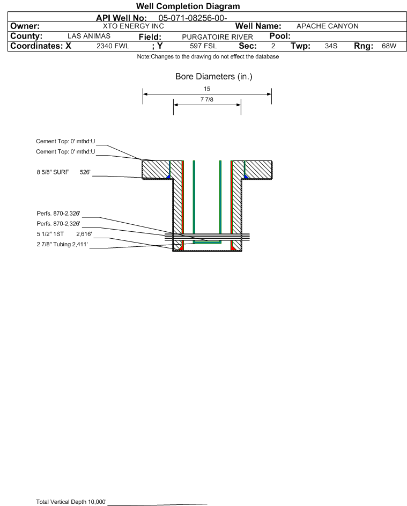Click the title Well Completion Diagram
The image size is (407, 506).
pos(188,6)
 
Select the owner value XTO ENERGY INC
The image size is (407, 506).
pos(133,26)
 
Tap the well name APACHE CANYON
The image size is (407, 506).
pos(327,26)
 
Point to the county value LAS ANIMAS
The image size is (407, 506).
pos(89,36)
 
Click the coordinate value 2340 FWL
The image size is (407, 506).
pos(113,46)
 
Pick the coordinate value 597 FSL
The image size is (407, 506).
pos(203,46)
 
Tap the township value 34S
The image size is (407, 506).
pos(331,46)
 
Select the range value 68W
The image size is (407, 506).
pos(388,46)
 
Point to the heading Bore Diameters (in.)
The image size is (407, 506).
pos(213,77)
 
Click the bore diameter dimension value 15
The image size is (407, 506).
pos(207,89)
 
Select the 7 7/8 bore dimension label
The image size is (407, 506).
pos(207,100)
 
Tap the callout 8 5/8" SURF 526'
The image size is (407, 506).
pos(62,173)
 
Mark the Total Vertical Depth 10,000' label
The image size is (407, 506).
pos(71,502)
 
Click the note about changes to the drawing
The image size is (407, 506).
pos(208,57)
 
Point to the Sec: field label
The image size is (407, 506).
pos(247,46)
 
